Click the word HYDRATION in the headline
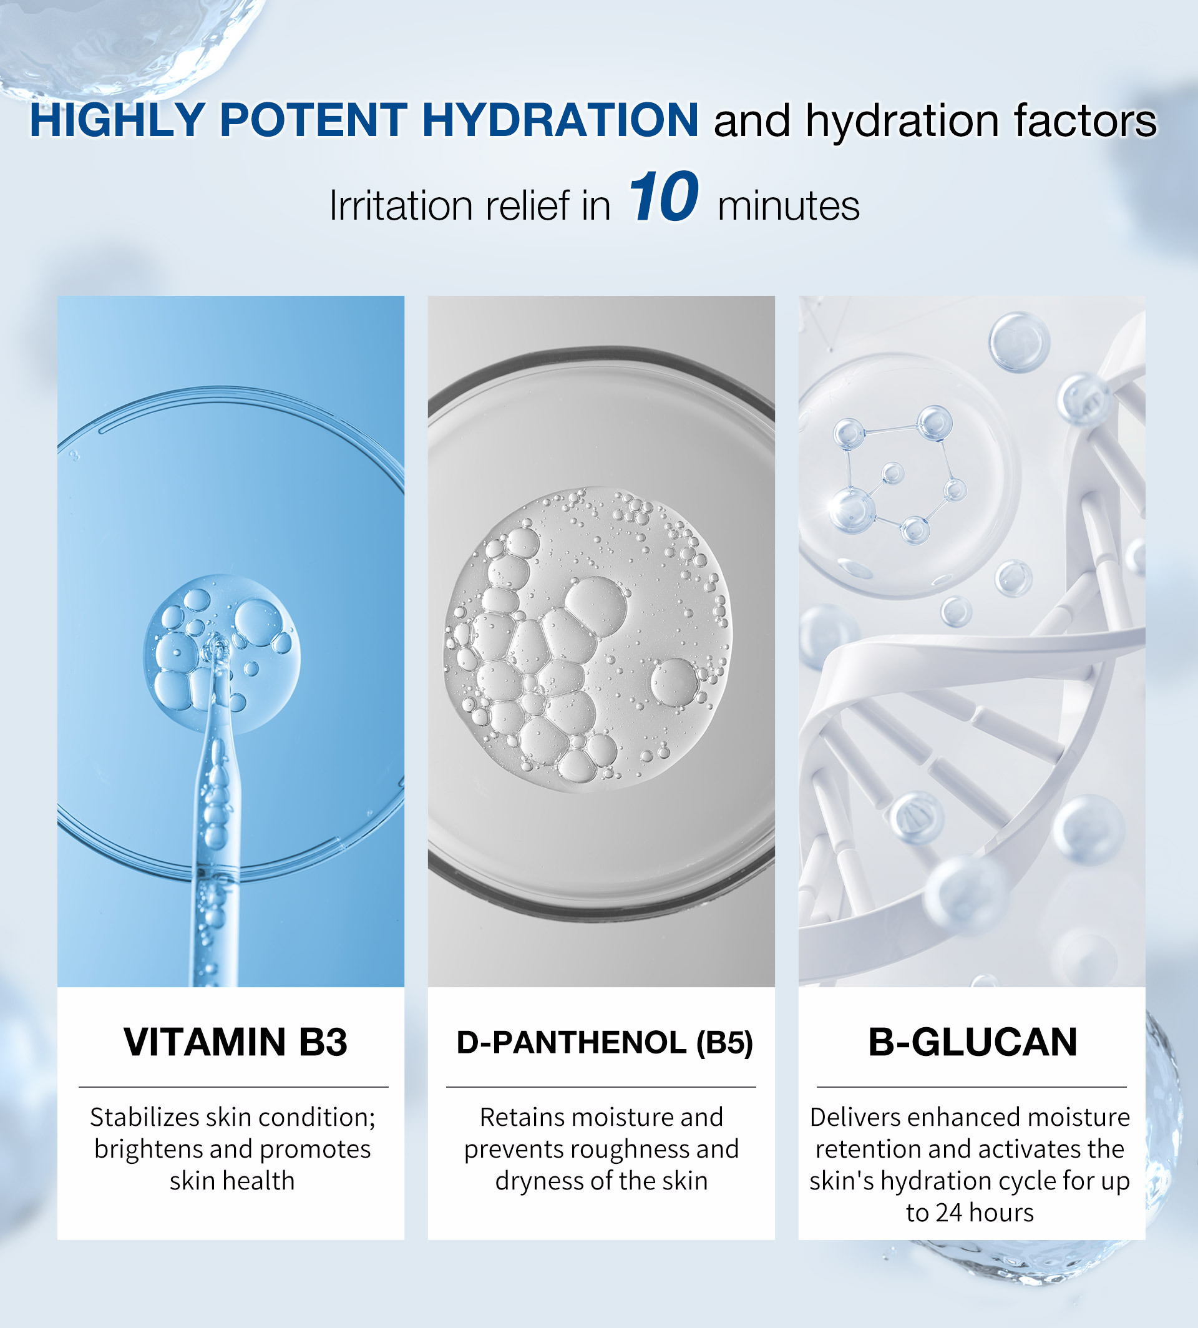point(560,120)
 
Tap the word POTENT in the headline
point(313,120)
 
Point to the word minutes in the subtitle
point(789,205)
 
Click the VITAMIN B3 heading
point(235,1042)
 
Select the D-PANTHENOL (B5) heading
point(604,1042)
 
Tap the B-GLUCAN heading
point(972,1042)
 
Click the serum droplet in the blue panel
point(222,654)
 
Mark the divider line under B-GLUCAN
point(972,1086)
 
